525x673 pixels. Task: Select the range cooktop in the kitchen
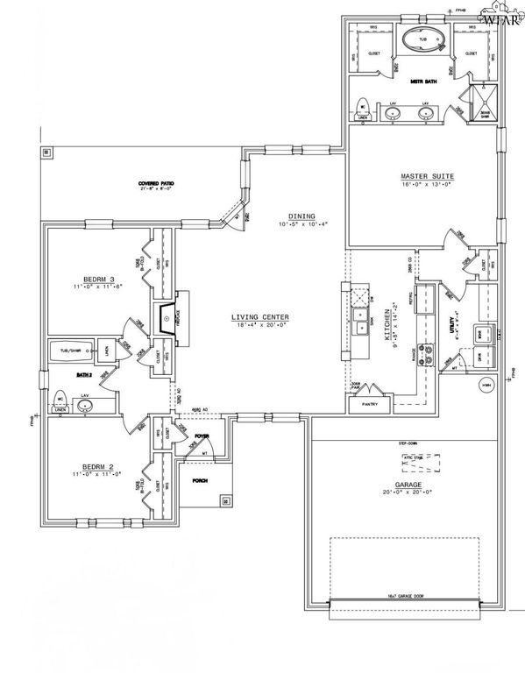[429, 354]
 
